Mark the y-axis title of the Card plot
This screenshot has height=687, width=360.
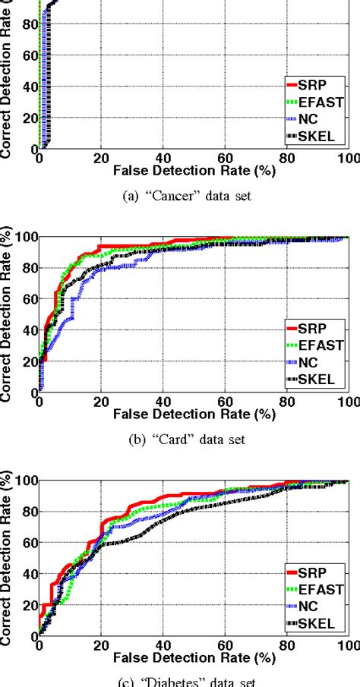pyautogui.click(x=9, y=314)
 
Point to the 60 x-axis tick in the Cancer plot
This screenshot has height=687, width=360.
pyautogui.click(x=224, y=159)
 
